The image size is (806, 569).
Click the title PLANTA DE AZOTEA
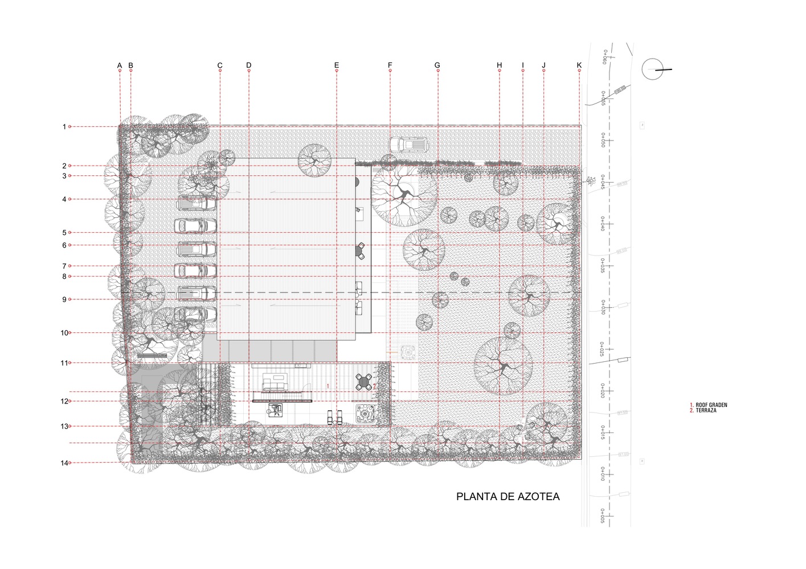click(508, 497)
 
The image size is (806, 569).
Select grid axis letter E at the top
click(336, 65)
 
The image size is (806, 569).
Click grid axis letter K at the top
click(579, 65)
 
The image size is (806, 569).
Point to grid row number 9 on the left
click(64, 299)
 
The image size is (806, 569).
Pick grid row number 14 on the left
click(64, 463)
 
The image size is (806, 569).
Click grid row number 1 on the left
click(64, 127)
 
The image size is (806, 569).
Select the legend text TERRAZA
click(706, 410)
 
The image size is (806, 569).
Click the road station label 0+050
click(603, 140)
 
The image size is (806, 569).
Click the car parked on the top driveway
click(408, 145)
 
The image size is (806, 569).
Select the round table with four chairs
click(365, 381)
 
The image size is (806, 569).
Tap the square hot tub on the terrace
click(364, 413)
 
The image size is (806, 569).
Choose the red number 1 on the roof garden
click(328, 386)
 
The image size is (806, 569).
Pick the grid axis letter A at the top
click(120, 65)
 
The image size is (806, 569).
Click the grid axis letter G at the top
click(437, 65)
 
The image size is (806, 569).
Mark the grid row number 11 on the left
click(64, 363)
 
